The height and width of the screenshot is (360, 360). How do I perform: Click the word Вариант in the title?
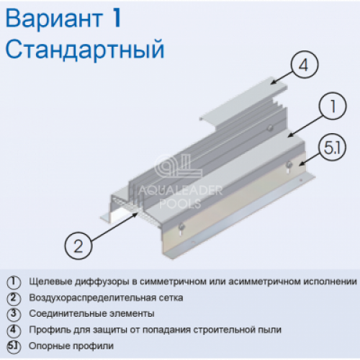[x=54, y=19]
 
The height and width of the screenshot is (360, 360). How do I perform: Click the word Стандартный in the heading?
[x=85, y=50]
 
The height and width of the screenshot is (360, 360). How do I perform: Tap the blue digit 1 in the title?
[x=116, y=18]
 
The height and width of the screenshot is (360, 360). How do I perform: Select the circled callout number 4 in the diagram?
[x=305, y=65]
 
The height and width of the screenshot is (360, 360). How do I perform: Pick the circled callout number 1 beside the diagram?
[x=333, y=106]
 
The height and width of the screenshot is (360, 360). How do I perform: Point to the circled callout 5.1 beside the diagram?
[x=332, y=147]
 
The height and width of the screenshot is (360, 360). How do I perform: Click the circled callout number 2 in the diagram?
[x=78, y=246]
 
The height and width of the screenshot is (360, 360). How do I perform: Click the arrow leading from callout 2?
[x=114, y=226]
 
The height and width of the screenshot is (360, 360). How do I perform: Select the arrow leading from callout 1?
[x=305, y=126]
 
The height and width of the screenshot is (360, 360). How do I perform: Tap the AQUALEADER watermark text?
[x=180, y=191]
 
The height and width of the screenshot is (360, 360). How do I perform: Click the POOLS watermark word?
[x=180, y=204]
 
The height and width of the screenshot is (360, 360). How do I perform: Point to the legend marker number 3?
[x=14, y=314]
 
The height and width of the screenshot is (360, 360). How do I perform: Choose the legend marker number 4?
[x=14, y=330]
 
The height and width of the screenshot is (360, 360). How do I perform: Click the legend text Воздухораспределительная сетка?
[x=106, y=298]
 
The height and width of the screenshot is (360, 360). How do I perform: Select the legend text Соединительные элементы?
[x=91, y=314]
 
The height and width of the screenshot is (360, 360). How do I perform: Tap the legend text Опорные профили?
[x=71, y=346]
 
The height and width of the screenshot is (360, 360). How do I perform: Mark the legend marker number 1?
[x=14, y=282]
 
